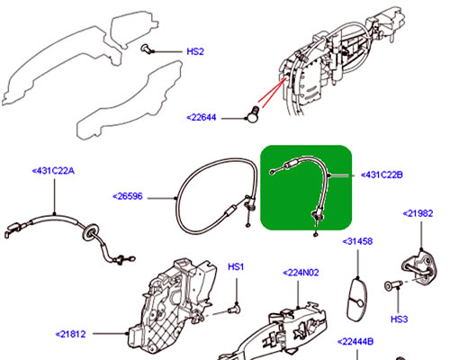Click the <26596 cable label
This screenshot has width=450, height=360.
[131, 195]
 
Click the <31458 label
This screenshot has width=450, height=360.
[359, 242]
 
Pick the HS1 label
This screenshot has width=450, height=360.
[237, 267]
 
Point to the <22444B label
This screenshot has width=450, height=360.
[357, 341]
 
